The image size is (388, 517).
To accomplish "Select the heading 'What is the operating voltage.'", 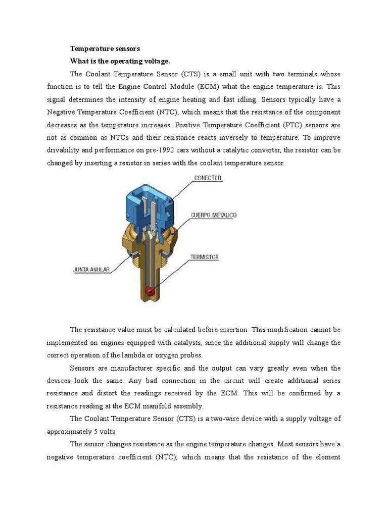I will pyautogui.click(x=120, y=61).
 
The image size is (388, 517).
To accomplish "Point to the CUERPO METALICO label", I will pyautogui.click(x=214, y=216).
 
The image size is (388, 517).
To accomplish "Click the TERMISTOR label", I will pyautogui.click(x=204, y=257).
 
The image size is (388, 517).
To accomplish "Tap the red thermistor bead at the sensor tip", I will pyautogui.click(x=149, y=291).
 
